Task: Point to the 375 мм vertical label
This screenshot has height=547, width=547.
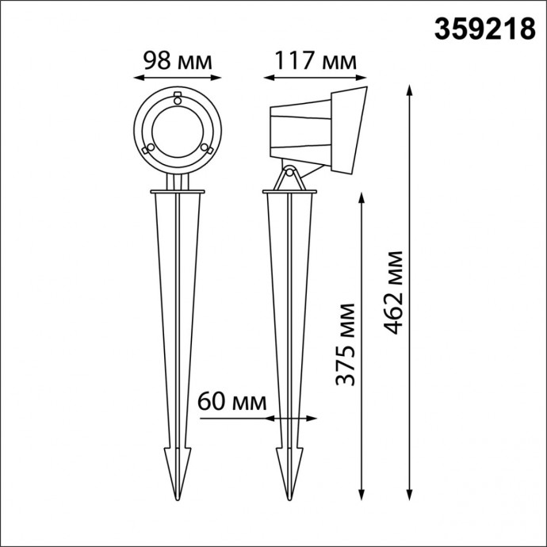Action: pos(344,344)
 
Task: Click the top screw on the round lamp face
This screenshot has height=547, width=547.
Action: pos(178,100)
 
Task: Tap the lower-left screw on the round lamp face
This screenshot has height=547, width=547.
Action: pos(148,148)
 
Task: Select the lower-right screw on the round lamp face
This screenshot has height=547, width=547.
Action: pos(205,148)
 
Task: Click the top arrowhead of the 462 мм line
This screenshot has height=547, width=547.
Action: pos(409,88)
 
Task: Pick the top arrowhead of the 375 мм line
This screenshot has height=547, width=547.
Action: pos(361,197)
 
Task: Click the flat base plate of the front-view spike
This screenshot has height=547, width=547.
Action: pos(178,191)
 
